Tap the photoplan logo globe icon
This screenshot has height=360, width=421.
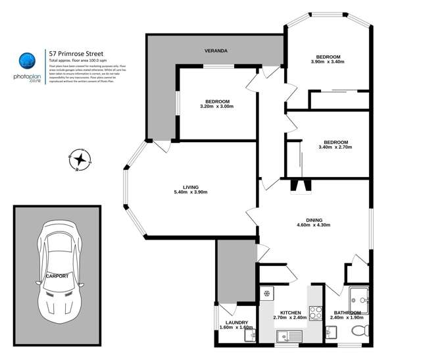[26, 61]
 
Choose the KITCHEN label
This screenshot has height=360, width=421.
[290, 312]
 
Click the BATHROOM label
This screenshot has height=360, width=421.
[346, 312]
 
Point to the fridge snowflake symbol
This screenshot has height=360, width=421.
[268, 294]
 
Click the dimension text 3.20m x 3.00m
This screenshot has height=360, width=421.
[216, 107]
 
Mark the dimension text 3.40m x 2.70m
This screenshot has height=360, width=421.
[335, 147]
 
